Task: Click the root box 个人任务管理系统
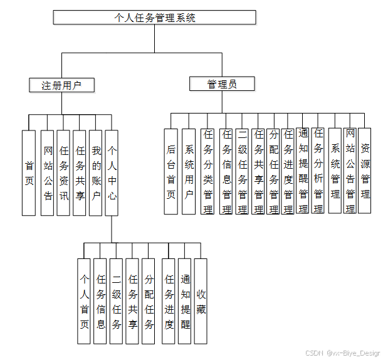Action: [154, 18]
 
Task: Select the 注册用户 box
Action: [62, 85]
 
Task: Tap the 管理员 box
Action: [222, 83]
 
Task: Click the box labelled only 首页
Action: [29, 172]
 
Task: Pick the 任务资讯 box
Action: [63, 172]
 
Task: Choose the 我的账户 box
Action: [96, 172]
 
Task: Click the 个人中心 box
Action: [112, 172]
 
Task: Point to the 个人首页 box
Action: [84, 301]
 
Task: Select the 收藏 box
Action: [201, 301]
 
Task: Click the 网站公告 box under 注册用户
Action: [48, 172]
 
